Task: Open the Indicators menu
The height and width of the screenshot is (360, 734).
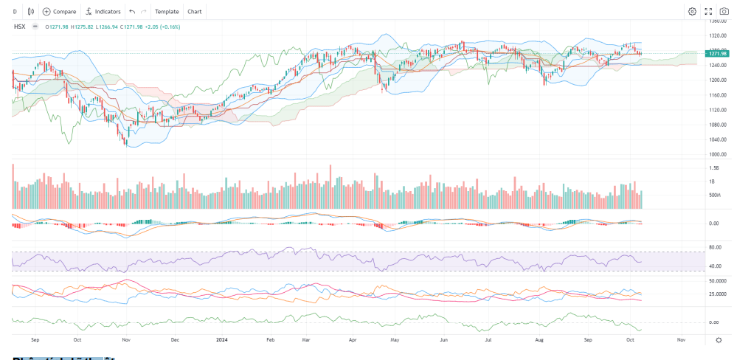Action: pos(103,12)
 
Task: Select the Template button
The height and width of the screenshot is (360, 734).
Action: pos(167,12)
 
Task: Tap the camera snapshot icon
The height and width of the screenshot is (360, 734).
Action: pos(724,12)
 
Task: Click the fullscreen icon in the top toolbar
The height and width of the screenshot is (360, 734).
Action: pos(708,12)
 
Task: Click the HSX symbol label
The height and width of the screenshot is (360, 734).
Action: pos(21,27)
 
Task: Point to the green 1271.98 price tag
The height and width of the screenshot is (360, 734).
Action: pos(718,53)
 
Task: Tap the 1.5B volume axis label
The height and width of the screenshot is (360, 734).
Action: pos(713,168)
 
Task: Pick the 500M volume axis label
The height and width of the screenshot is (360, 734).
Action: pos(713,195)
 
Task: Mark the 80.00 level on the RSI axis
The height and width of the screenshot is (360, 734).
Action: pos(715,247)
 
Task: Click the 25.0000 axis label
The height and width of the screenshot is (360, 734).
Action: pos(716,294)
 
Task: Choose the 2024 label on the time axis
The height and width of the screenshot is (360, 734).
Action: pos(221,340)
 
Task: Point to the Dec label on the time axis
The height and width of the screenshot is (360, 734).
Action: pos(175,340)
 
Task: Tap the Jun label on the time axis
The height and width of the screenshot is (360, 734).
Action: pos(443,340)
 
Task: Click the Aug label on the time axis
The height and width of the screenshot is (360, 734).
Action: pos(539,340)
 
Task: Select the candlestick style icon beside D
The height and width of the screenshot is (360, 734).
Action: pos(30,12)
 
